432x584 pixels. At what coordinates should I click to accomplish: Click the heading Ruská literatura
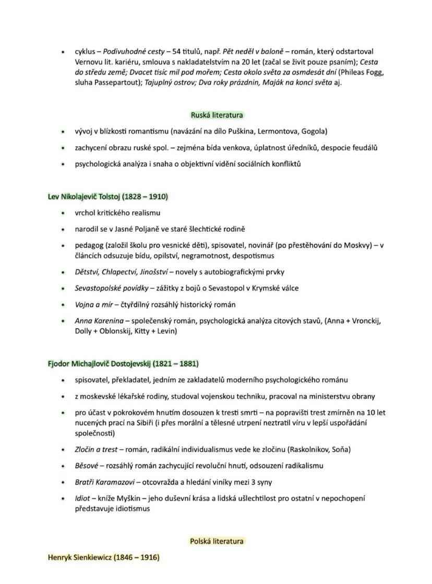217,115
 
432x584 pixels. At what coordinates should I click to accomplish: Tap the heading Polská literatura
217,541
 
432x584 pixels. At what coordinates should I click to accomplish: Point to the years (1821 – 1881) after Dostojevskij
176,363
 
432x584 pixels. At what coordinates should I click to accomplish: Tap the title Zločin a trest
96,449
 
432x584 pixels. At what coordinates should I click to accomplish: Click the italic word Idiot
83,498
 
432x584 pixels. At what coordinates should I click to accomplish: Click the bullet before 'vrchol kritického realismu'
63,213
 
